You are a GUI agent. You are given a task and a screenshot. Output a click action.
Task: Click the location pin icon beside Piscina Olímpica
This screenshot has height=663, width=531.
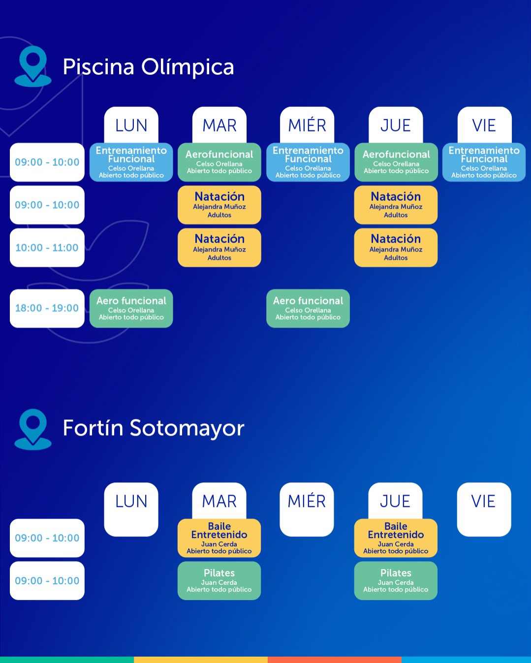click(x=33, y=66)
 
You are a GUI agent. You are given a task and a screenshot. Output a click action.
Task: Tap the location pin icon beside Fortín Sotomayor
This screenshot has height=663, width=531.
click(x=33, y=429)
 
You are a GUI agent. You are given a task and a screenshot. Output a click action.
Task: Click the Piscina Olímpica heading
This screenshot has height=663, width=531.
click(x=148, y=67)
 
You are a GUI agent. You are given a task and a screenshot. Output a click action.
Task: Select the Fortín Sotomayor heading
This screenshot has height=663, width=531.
click(x=154, y=428)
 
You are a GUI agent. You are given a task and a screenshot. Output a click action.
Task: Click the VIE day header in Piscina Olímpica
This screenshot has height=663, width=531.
click(x=484, y=125)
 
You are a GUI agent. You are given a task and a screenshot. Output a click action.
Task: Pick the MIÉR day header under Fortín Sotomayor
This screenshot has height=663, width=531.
click(x=307, y=509)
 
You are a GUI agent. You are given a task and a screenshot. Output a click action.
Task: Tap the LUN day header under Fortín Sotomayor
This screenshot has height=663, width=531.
click(x=131, y=509)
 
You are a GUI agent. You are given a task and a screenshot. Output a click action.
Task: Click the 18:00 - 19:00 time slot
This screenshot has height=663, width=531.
click(x=47, y=308)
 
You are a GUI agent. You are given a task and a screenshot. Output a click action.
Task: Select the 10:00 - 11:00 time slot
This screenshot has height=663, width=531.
click(x=47, y=248)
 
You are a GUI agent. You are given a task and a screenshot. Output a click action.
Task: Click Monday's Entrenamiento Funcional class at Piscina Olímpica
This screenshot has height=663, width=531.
click(x=131, y=162)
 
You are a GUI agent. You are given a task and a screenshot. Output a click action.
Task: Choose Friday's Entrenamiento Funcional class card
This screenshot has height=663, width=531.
click(x=484, y=162)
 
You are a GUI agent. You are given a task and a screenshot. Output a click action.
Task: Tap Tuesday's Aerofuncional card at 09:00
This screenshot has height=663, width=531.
click(x=219, y=162)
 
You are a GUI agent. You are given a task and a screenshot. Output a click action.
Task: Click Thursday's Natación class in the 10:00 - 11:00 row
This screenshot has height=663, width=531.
click(x=396, y=248)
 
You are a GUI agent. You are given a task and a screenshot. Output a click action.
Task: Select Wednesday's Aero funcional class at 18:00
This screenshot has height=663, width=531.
click(x=308, y=308)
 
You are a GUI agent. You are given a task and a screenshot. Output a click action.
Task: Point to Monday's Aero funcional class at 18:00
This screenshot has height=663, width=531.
click(x=131, y=308)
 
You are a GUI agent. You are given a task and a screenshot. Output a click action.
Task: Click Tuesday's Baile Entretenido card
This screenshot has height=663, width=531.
click(x=219, y=538)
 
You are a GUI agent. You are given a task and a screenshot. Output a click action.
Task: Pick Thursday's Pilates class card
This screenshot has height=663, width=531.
click(x=396, y=581)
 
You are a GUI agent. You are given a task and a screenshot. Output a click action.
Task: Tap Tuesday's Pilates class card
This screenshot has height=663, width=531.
click(x=219, y=581)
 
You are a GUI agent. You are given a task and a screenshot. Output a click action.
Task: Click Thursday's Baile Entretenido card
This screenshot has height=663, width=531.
click(x=396, y=538)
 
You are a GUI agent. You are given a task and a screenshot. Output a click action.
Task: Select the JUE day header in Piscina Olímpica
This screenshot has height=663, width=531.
click(x=396, y=125)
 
